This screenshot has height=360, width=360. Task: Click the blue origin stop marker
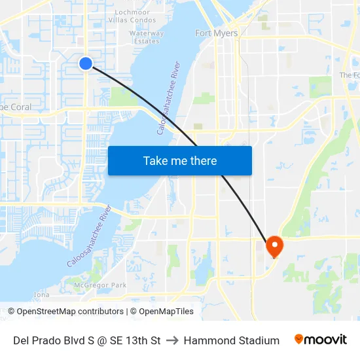pyautogui.click(x=86, y=63)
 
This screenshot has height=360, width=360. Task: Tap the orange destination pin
pyautogui.click(x=274, y=246)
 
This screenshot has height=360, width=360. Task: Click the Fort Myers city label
pyautogui.click(x=217, y=33)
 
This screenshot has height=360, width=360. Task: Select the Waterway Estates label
pyautogui.click(x=147, y=37)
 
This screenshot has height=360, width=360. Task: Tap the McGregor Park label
pyautogui.click(x=100, y=285)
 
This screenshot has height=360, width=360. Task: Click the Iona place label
pyautogui.click(x=41, y=295)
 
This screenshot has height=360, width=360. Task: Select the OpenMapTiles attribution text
pyautogui.click(x=166, y=312)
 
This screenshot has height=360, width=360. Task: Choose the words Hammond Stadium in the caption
pyautogui.click(x=231, y=340)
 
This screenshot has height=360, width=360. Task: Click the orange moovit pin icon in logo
pyautogui.click(x=299, y=339)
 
